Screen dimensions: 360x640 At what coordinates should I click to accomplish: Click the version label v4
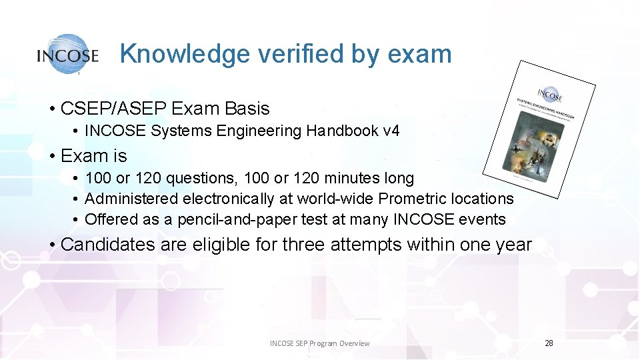391,131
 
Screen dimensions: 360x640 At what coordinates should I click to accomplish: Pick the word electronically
228,199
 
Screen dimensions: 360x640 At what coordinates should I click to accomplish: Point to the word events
483,219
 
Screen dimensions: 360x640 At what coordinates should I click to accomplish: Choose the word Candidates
107,245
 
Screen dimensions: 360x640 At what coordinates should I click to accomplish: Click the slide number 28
549,343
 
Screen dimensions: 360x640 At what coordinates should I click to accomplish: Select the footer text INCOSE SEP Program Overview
319,343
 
